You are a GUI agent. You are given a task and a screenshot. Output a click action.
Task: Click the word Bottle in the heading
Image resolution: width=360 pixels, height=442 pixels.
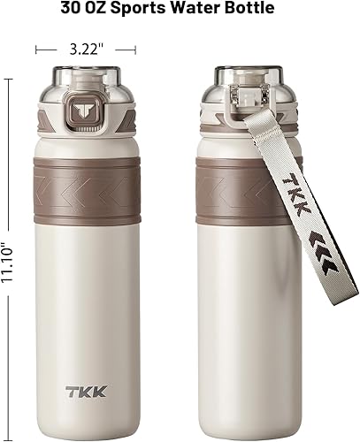(250, 10)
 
